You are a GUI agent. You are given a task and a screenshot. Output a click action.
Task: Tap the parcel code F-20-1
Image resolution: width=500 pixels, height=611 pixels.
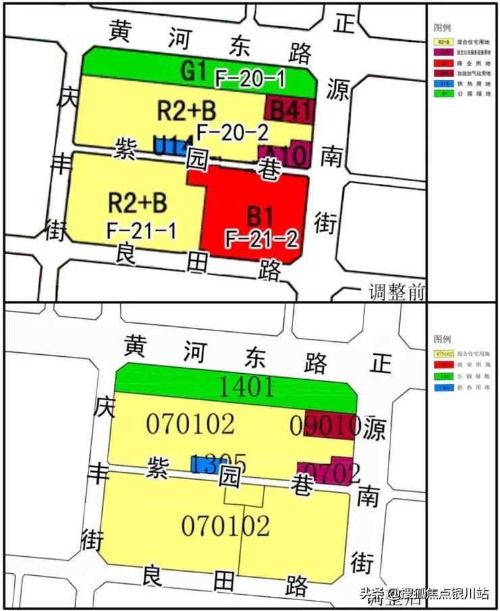[x=250, y=79]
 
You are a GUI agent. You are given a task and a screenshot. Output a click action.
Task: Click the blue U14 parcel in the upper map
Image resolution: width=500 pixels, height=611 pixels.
[x=169, y=144]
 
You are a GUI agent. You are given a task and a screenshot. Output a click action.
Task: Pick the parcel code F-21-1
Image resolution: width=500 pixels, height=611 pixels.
[x=141, y=231]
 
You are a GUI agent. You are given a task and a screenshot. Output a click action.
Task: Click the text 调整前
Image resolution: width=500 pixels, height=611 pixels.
[x=397, y=292]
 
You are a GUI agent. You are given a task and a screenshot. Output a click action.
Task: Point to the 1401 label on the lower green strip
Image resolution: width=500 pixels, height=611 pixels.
[x=247, y=387]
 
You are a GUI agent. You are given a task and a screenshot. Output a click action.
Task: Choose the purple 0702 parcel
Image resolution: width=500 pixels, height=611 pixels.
[x=326, y=472]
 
